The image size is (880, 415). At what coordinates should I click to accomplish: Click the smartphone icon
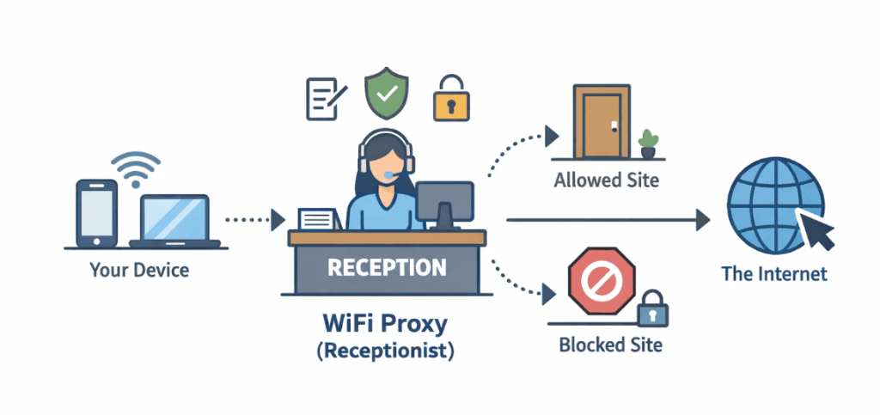[x=95, y=211]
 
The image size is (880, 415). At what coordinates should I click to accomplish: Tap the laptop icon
[x=175, y=221]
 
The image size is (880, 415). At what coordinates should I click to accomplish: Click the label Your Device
[x=139, y=271]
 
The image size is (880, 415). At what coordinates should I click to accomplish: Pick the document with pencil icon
[x=326, y=97]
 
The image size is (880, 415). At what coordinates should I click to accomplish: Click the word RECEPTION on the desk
[x=387, y=267]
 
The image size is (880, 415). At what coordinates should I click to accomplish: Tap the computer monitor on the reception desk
[x=444, y=204]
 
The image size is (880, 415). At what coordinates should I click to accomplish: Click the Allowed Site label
[x=606, y=180]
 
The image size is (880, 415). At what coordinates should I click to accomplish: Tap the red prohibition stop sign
[x=602, y=280]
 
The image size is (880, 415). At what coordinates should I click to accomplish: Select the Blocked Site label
[x=610, y=345]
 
